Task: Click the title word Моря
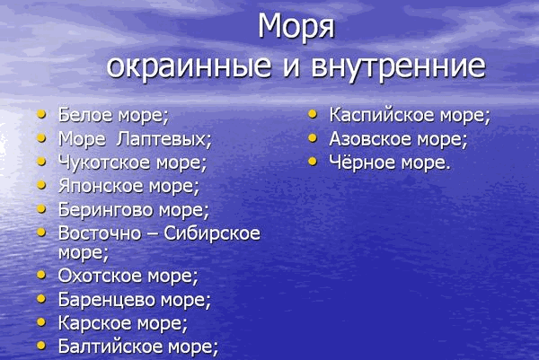[x=296, y=26]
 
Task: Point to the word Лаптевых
[x=164, y=139]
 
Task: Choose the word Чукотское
[x=104, y=162]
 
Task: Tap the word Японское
[x=101, y=186]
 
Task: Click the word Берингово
[x=105, y=210]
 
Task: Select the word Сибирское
[x=212, y=233]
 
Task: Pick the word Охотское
[x=100, y=276]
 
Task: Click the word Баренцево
[x=106, y=300]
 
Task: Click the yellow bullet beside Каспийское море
[x=313, y=114]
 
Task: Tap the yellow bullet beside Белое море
[x=41, y=114]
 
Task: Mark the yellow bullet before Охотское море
[x=41, y=275]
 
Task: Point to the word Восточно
[x=100, y=233]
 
